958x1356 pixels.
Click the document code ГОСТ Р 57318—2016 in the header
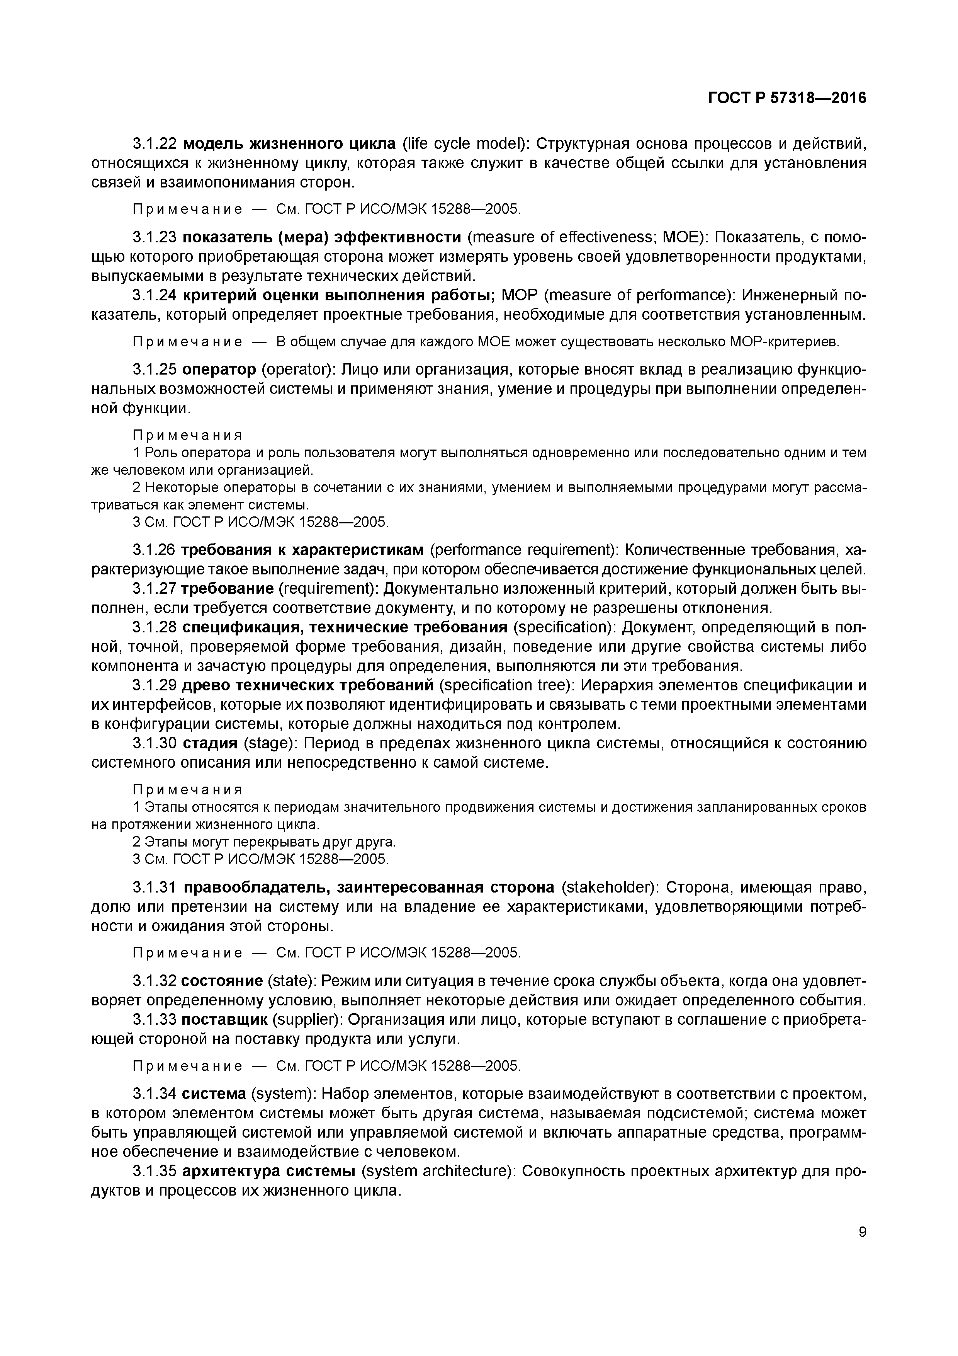787,98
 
